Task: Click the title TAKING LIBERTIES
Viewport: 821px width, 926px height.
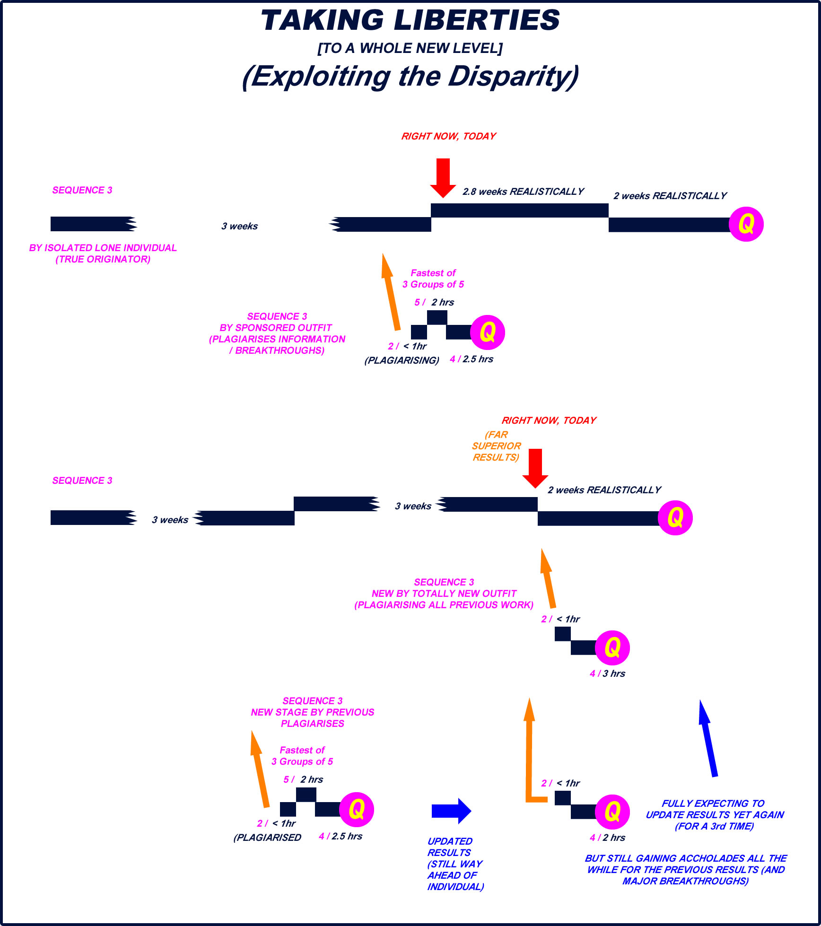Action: [x=410, y=21]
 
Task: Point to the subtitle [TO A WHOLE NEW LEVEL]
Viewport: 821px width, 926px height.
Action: [x=410, y=48]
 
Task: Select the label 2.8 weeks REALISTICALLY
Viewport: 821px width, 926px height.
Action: [x=523, y=192]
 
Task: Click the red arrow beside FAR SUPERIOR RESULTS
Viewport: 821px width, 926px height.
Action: [x=535, y=468]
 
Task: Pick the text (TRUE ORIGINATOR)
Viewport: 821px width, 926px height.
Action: [x=103, y=259]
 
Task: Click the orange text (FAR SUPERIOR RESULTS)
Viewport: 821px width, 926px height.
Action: [x=496, y=446]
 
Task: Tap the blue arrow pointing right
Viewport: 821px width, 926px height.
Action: [x=451, y=811]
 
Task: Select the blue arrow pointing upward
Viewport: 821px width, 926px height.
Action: [x=708, y=738]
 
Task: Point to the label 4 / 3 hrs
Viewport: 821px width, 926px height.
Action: [x=607, y=673]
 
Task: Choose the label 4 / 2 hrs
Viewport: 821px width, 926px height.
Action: [x=607, y=838]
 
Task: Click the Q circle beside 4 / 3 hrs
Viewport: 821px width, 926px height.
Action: [x=612, y=647]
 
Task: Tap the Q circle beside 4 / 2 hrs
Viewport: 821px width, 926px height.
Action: [x=612, y=812]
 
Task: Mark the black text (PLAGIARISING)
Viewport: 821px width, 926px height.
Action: [x=402, y=360]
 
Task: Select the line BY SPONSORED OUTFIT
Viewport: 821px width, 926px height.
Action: [x=276, y=328]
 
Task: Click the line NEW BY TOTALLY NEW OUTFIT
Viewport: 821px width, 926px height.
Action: [x=444, y=594]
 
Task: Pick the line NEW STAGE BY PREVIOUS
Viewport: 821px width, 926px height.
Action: [x=312, y=712]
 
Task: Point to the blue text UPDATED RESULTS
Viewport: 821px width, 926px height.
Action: [x=450, y=847]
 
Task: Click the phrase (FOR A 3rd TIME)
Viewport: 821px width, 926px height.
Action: [x=714, y=826]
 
